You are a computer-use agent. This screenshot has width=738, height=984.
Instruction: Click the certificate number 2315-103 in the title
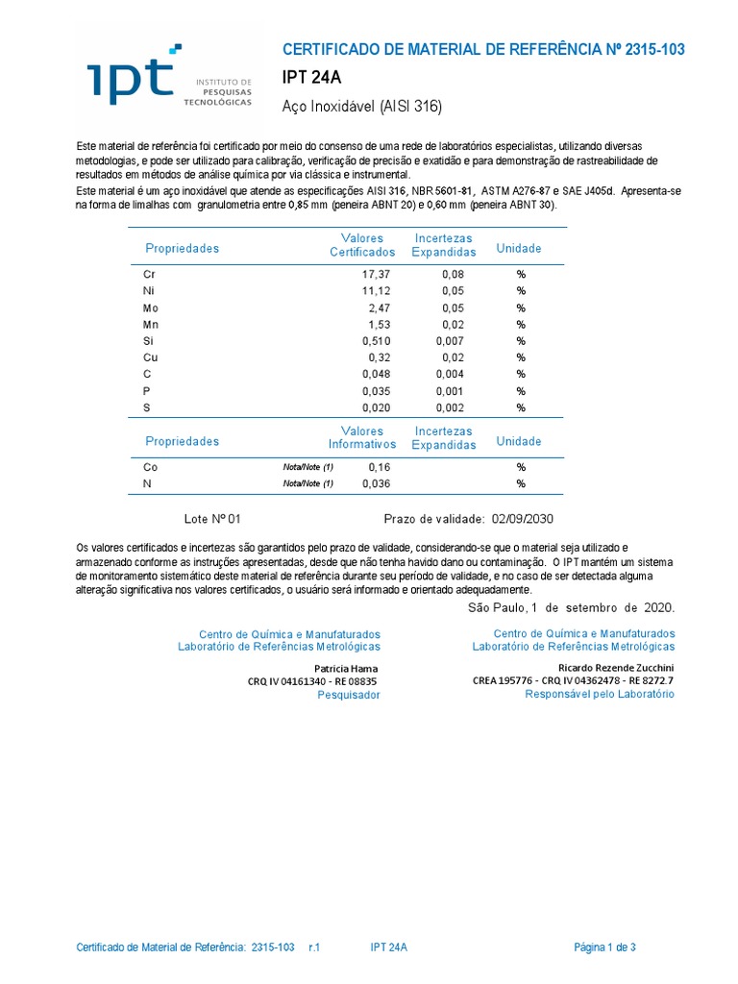pyautogui.click(x=654, y=50)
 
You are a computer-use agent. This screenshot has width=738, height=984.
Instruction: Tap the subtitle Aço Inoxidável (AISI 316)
pyautogui.click(x=362, y=107)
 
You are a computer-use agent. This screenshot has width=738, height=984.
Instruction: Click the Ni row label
pyautogui.click(x=149, y=291)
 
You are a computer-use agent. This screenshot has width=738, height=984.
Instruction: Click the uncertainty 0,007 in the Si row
pyautogui.click(x=447, y=341)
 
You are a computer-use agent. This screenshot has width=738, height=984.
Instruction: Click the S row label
pyautogui.click(x=147, y=407)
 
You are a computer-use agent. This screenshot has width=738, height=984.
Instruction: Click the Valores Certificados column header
pyautogui.click(x=362, y=245)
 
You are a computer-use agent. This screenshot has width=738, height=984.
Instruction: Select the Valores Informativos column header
pyautogui.click(x=362, y=438)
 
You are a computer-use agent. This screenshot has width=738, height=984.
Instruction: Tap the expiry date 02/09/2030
pyautogui.click(x=523, y=519)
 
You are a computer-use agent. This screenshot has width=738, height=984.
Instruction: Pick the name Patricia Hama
pyautogui.click(x=347, y=669)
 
